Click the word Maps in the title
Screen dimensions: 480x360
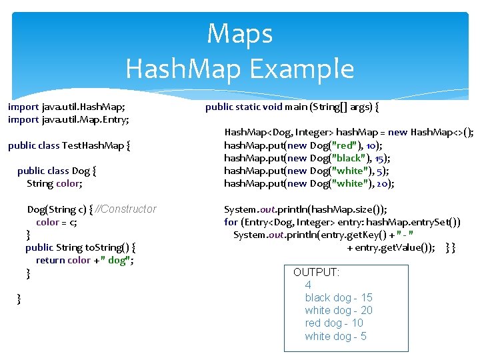coord(239,33)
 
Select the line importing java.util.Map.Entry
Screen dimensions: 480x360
coord(69,119)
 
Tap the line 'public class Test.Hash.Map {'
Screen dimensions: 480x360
coord(69,145)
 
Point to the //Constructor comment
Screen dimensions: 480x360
coord(126,209)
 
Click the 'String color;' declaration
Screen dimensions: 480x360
coord(55,183)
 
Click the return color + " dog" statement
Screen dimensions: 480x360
coord(85,260)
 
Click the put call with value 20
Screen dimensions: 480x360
coord(309,183)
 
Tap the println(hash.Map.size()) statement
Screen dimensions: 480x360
coord(305,209)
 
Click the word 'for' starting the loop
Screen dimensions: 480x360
coord(231,222)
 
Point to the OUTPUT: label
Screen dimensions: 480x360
coord(316,272)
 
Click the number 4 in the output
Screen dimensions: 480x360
coord(308,285)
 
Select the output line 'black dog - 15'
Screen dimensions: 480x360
coord(338,297)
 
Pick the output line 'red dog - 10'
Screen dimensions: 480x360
coord(334,323)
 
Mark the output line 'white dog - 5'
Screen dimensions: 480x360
coord(335,336)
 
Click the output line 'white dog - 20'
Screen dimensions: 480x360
coord(339,310)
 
